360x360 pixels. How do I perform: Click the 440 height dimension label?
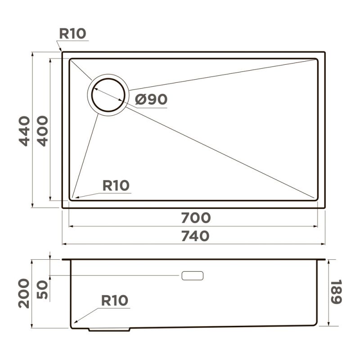[24, 131]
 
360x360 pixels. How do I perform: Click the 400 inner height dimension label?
[43, 131]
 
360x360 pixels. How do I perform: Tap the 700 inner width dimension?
[196, 218]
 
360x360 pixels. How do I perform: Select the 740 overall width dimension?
[195, 236]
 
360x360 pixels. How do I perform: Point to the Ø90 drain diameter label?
[151, 99]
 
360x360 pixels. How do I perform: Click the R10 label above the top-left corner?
[72, 34]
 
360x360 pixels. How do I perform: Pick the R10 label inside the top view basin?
[116, 185]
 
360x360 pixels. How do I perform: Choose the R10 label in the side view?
[115, 301]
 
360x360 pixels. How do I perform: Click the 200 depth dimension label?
[24, 293]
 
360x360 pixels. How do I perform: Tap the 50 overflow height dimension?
[42, 290]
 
